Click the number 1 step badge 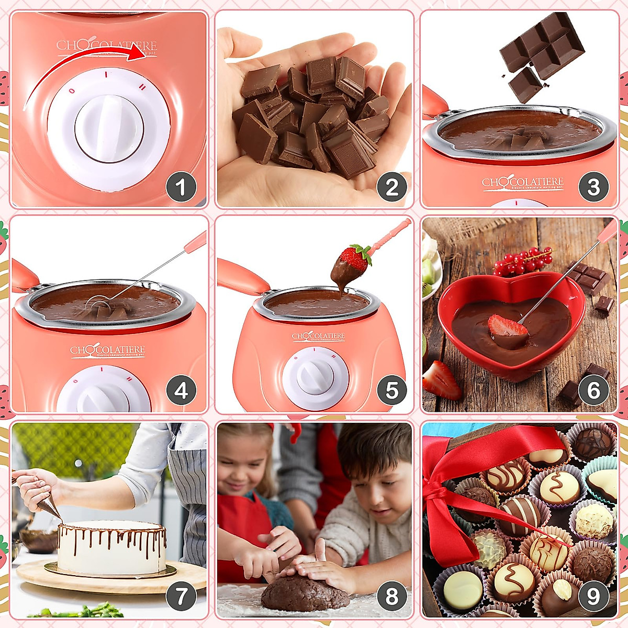(x=181, y=187)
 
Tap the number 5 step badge (x=391, y=390)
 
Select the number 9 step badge (x=593, y=597)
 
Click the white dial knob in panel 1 (x=109, y=128)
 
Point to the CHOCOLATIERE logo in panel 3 (x=522, y=182)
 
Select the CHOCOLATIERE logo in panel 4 (x=107, y=351)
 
